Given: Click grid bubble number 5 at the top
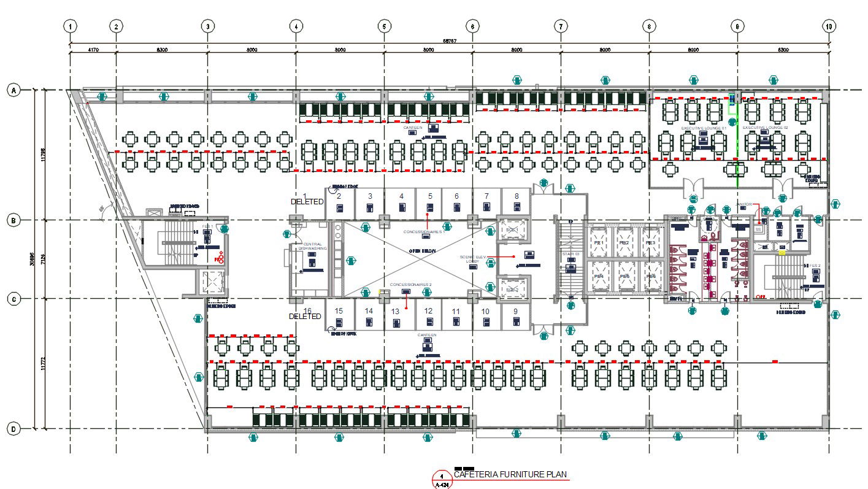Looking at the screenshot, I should (x=384, y=26).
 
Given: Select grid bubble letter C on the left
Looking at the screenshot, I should (x=12, y=299).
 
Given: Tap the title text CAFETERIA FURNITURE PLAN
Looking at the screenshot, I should (x=510, y=474).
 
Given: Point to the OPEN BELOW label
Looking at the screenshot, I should (x=423, y=251).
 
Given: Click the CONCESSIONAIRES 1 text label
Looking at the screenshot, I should (x=424, y=232).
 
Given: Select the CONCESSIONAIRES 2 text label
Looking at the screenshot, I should (x=411, y=285).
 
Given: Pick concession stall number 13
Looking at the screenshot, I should (x=396, y=312).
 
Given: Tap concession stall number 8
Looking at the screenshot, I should (x=517, y=196).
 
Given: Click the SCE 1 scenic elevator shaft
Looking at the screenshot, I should (x=512, y=230).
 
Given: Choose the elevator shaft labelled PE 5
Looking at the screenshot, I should (x=624, y=277).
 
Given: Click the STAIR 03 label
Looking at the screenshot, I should (x=570, y=253).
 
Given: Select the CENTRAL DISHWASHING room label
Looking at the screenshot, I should (x=312, y=246).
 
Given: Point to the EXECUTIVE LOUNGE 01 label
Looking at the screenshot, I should (x=704, y=128).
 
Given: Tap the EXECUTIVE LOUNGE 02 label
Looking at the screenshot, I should (x=765, y=128).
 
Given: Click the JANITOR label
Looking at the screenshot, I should (x=744, y=204).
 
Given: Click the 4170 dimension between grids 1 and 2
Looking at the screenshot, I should (x=93, y=49).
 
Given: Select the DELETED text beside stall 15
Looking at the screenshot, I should (x=305, y=317).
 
